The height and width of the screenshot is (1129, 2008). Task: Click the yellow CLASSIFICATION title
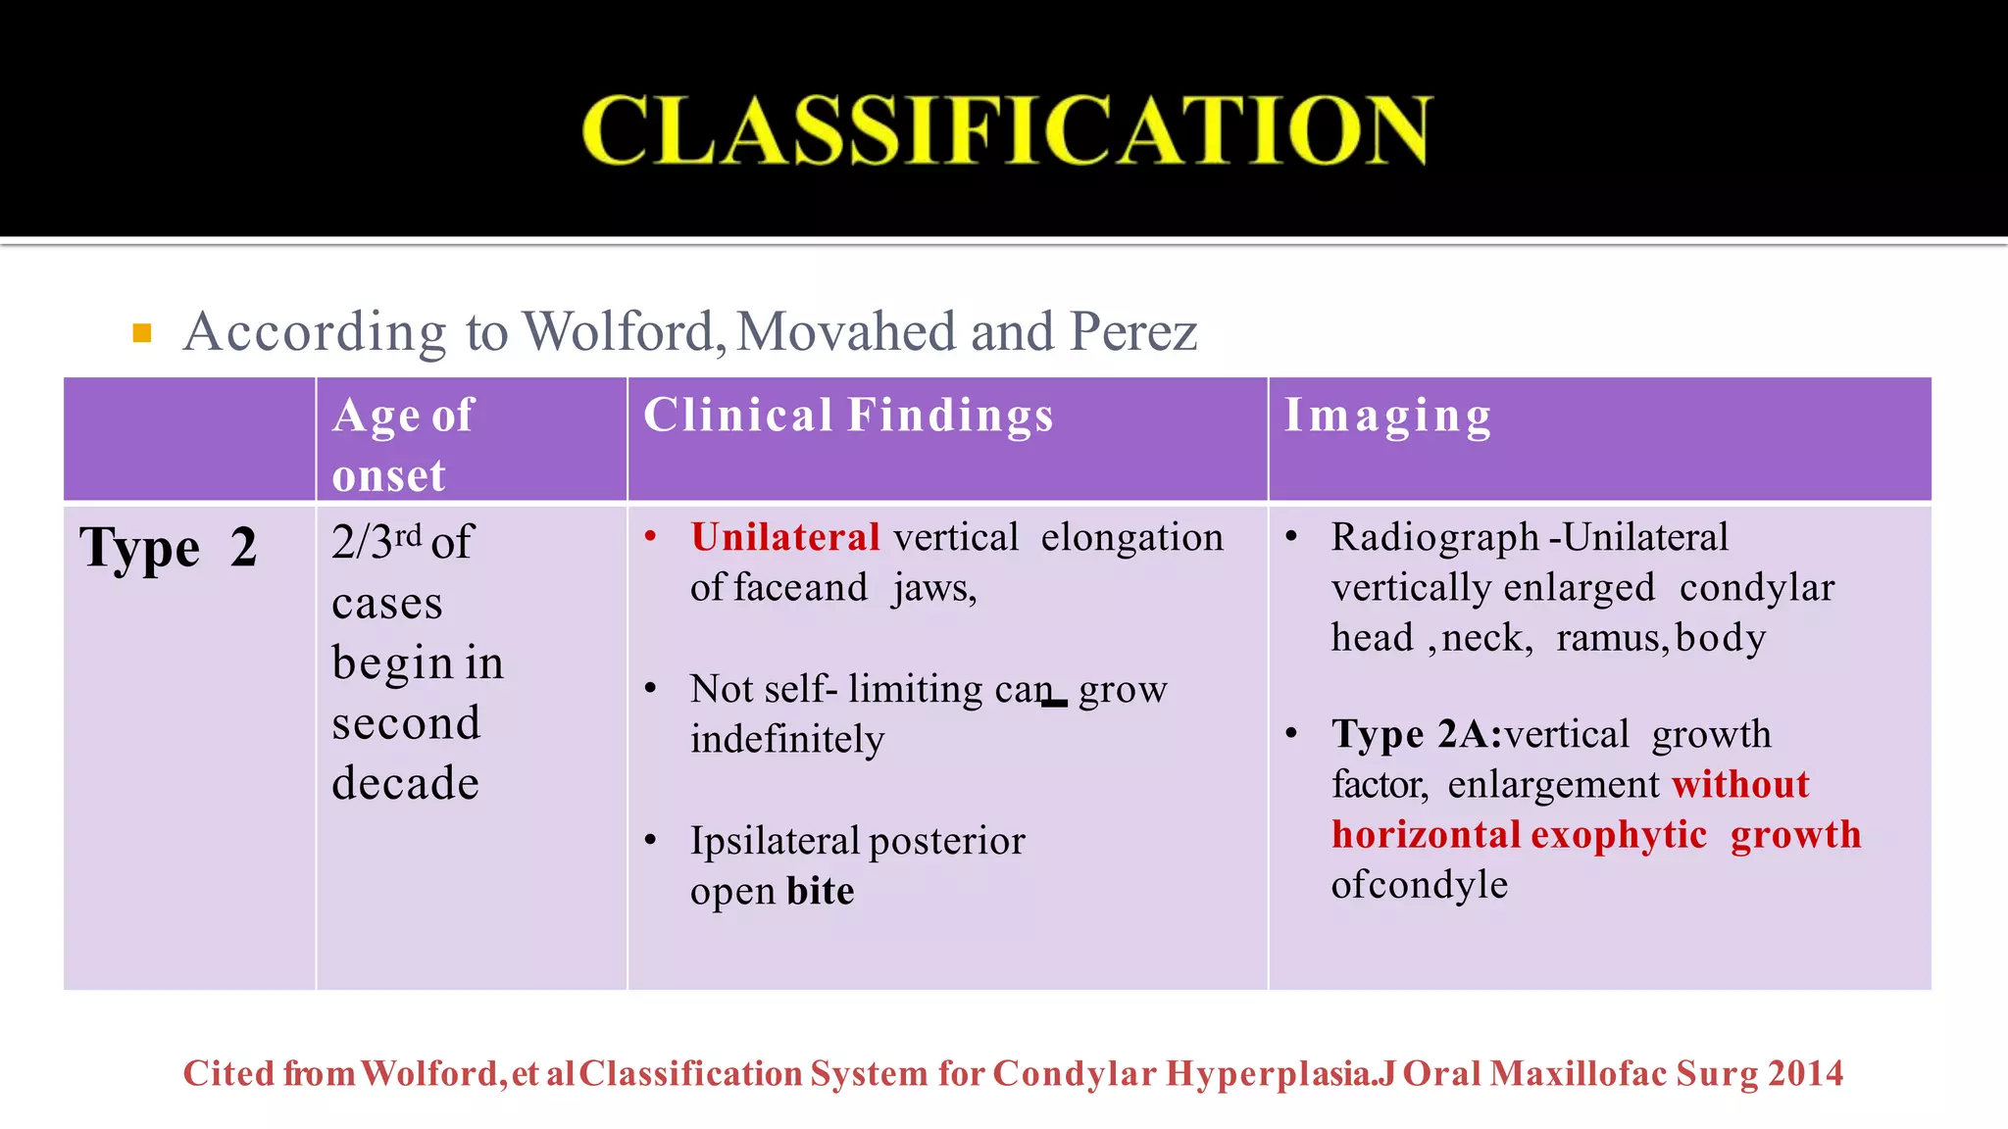pos(1007,130)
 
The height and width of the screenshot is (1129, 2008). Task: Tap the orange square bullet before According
pos(142,333)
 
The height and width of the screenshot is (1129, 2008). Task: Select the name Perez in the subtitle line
pos(1133,331)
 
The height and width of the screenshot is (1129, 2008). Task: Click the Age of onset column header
pos(403,444)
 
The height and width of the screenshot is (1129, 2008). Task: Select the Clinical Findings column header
pos(848,416)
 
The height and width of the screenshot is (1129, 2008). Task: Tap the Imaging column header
pos(1387,416)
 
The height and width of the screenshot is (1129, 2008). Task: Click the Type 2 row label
pos(169,547)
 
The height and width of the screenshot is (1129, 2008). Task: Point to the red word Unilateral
pos(785,537)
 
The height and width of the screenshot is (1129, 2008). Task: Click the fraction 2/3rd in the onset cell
pos(376,541)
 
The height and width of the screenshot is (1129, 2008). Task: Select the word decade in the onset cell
pos(405,783)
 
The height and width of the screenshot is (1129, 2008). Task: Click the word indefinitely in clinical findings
pos(786,739)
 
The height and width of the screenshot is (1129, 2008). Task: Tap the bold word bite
pos(820,891)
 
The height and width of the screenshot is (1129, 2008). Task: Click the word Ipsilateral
pos(775,841)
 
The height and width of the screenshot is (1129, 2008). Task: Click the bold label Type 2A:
pos(1416,734)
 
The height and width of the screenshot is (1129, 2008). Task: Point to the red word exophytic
pos(1619,835)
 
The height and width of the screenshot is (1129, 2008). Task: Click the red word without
pos(1740,784)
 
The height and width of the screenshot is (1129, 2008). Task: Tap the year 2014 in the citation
pos(1807,1074)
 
